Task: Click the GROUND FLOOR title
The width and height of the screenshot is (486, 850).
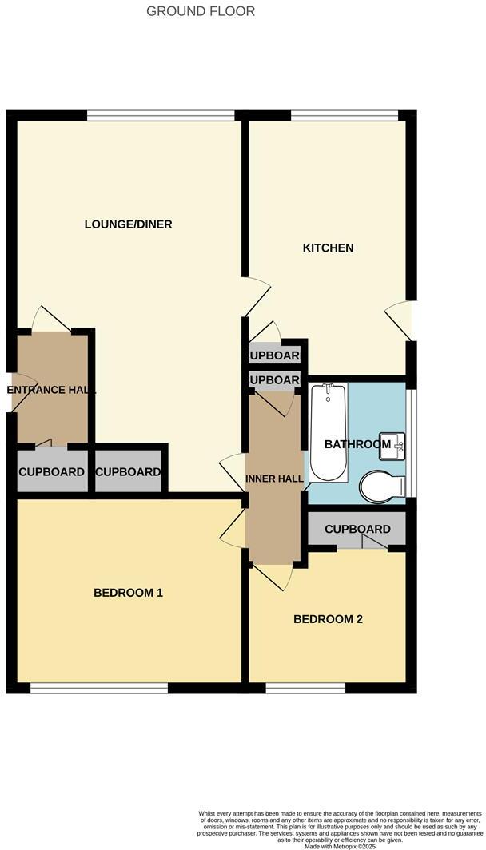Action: pyautogui.click(x=201, y=11)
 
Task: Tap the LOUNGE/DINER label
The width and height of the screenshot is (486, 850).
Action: pyautogui.click(x=128, y=224)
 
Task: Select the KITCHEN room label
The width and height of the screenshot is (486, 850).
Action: pyautogui.click(x=328, y=248)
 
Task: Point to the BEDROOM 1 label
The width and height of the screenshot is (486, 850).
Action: pyautogui.click(x=128, y=593)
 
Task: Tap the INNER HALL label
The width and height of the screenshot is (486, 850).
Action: pyautogui.click(x=274, y=479)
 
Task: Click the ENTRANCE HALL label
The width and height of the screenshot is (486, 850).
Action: pyautogui.click(x=51, y=391)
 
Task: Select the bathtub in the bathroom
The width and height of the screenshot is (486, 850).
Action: pyautogui.click(x=327, y=431)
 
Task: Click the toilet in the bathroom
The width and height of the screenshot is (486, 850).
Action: pyautogui.click(x=383, y=486)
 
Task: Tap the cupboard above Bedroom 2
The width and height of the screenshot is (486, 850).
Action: pyautogui.click(x=357, y=529)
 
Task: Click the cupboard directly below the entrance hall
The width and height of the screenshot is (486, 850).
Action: pyautogui.click(x=51, y=472)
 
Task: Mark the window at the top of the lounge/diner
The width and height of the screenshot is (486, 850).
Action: pyautogui.click(x=161, y=116)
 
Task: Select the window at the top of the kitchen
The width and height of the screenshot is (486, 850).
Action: pyautogui.click(x=345, y=116)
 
